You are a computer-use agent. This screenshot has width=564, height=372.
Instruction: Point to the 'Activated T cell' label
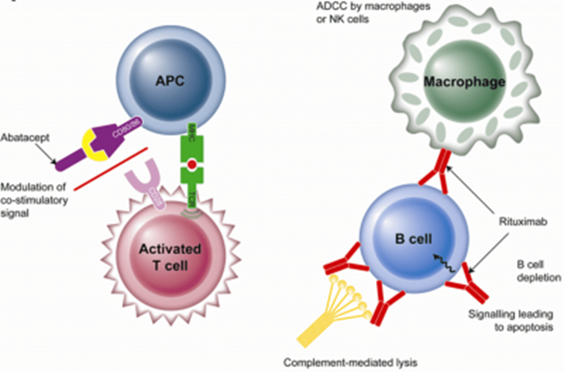(x=170, y=257)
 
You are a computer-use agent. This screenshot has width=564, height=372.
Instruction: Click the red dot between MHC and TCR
(x=192, y=165)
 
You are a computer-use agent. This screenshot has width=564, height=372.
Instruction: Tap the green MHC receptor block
(x=192, y=145)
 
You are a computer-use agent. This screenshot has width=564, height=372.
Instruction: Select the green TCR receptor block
(x=192, y=189)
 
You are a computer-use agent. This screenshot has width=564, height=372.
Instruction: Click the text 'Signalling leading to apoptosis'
(x=510, y=319)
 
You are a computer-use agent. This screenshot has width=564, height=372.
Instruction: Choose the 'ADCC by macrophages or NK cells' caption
(x=347, y=12)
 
